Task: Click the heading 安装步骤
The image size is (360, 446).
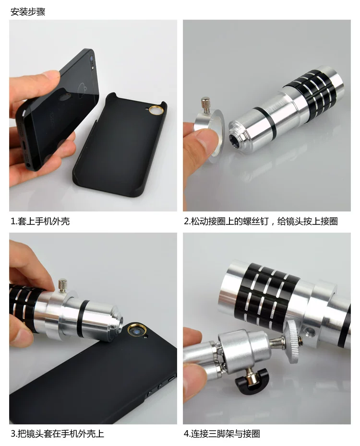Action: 28,12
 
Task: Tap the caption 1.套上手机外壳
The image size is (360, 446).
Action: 40,221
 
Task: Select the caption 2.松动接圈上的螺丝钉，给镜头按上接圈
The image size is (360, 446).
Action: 261,221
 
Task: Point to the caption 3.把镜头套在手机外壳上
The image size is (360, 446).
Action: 58,434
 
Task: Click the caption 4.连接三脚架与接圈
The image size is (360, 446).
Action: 222,434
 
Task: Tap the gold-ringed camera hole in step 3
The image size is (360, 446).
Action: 137,330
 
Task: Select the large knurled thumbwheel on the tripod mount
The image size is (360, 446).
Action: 294,342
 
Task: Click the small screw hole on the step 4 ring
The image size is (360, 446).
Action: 309,331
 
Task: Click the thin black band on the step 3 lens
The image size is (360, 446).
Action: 83,319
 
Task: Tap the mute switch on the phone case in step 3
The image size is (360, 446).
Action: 172,378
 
